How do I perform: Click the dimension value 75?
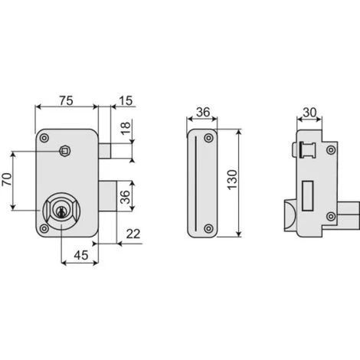67,100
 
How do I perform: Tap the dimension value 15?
126,100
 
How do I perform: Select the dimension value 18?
126,129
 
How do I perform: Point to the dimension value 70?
7,179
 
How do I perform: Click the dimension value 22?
133,234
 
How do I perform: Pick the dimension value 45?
81,255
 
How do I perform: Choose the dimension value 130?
232,180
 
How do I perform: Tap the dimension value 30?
309,113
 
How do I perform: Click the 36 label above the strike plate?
203,112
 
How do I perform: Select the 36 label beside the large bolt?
125,197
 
